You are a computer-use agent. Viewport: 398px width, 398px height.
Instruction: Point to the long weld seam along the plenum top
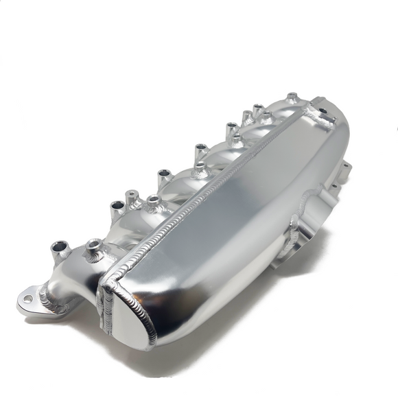point(206,192)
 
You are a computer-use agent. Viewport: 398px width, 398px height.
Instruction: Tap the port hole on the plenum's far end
point(320,109)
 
